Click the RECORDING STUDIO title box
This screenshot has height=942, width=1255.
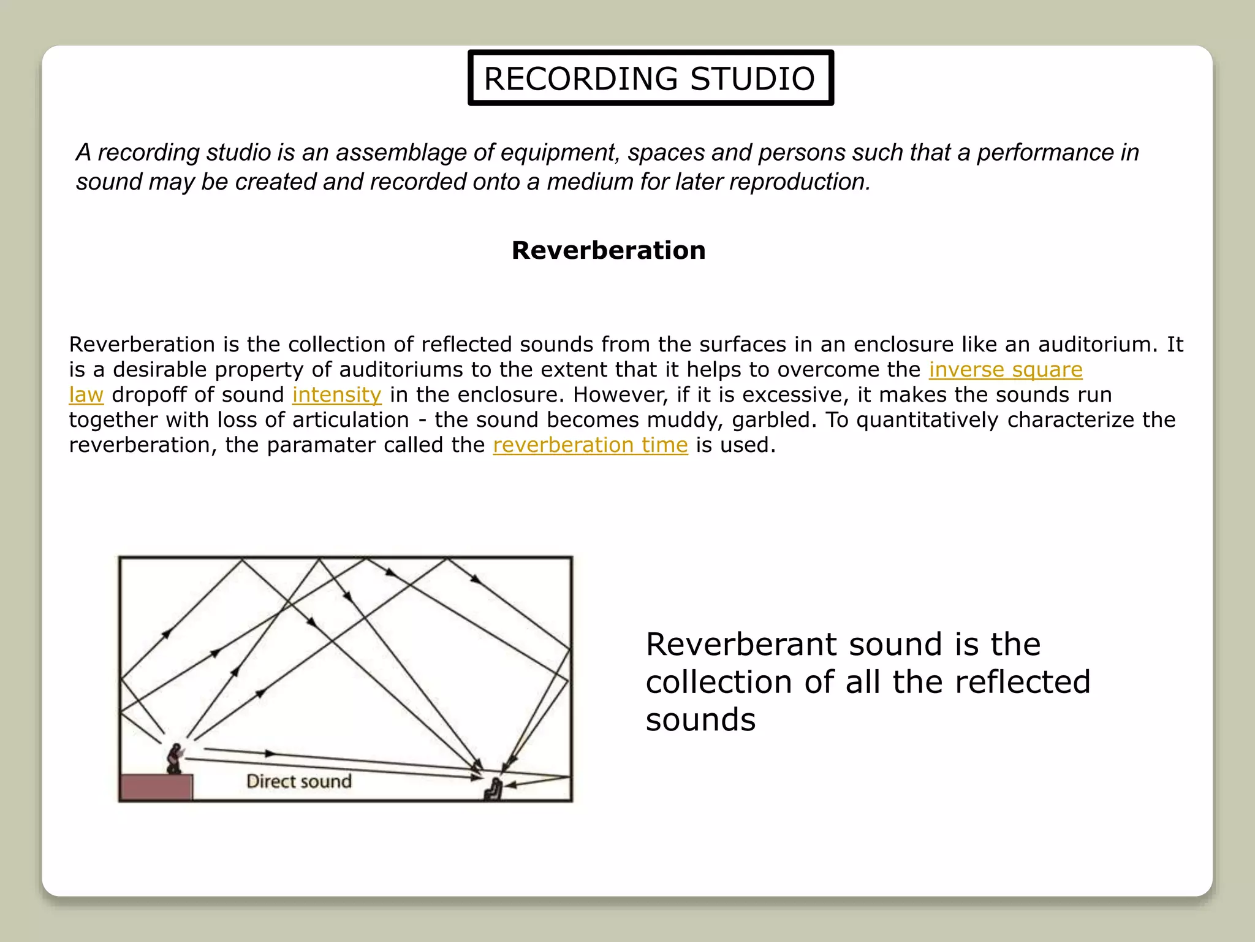650,78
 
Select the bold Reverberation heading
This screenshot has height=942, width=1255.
609,250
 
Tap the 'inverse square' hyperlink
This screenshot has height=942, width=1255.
1005,370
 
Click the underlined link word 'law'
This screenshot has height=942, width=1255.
86,395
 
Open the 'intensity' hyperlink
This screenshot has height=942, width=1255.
336,395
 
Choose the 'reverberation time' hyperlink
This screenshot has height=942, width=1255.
590,445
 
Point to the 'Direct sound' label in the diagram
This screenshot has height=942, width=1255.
299,781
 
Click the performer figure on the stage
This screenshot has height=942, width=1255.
175,759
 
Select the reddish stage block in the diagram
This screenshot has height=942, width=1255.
156,787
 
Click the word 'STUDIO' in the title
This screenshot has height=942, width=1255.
753,78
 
